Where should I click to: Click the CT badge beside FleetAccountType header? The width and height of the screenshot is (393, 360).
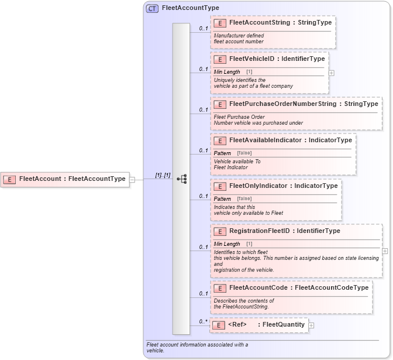point(152,8)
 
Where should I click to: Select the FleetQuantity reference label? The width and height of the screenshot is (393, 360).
point(284,325)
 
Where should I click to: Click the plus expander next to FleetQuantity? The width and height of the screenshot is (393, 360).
point(311,325)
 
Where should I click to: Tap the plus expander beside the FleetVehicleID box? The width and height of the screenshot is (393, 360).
point(332,73)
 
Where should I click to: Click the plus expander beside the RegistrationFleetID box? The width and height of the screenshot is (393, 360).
point(385,251)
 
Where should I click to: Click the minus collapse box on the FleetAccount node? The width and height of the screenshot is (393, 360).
point(132,179)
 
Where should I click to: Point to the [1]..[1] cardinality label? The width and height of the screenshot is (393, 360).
point(163,175)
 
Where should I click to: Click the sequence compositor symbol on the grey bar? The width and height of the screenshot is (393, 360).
point(181,179)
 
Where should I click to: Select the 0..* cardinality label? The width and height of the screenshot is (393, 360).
point(203,321)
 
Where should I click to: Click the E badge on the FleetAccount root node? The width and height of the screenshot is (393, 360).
point(9,179)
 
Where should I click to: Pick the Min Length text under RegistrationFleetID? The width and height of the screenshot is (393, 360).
point(227,244)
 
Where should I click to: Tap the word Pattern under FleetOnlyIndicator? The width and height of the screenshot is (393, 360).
point(222,198)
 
